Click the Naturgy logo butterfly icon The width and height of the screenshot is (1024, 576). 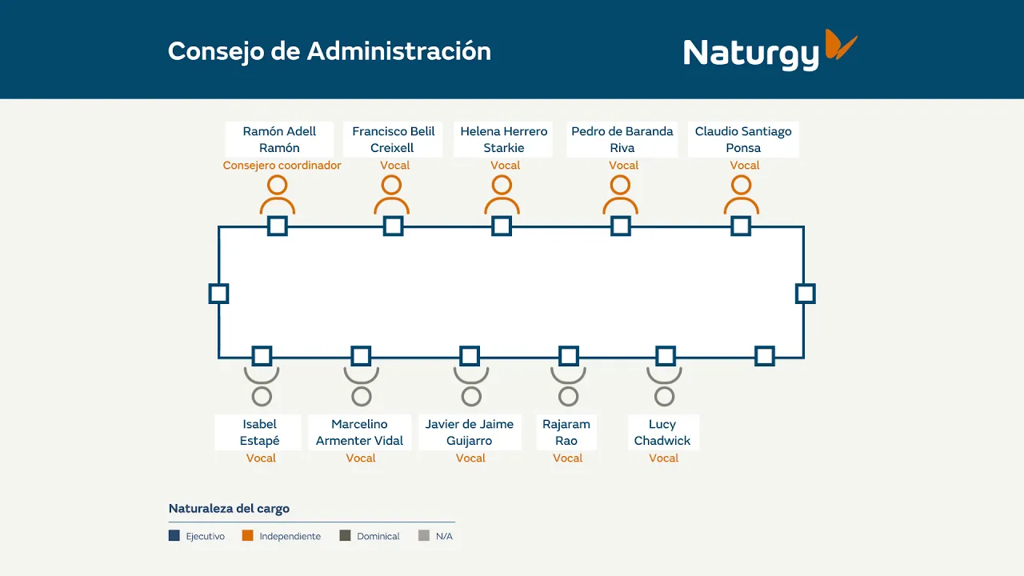click(x=841, y=44)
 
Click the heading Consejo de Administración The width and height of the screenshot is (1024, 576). click(x=329, y=51)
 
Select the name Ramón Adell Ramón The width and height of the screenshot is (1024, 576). click(x=279, y=139)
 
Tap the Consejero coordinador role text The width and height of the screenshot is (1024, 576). click(x=282, y=165)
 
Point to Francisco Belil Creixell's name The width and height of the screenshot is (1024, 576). click(x=393, y=139)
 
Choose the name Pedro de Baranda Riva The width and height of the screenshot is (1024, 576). click(x=622, y=139)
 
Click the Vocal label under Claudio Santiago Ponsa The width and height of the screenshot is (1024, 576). click(x=744, y=165)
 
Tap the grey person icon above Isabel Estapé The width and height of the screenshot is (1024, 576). click(x=262, y=386)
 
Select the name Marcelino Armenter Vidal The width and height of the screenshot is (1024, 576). click(x=360, y=432)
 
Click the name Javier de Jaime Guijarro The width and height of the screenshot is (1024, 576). click(x=470, y=432)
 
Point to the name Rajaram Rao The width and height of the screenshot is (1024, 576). click(x=566, y=432)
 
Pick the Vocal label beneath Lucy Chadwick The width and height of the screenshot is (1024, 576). click(x=663, y=458)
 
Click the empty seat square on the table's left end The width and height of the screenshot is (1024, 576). click(x=218, y=294)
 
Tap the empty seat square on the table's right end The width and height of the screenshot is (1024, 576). click(x=805, y=294)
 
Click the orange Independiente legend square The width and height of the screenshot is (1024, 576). click(x=248, y=535)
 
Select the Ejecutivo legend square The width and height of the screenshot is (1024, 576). click(x=174, y=535)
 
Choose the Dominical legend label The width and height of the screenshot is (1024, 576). click(x=378, y=536)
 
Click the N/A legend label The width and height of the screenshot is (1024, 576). click(x=444, y=536)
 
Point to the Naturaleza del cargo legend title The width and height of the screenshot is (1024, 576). click(x=229, y=508)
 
